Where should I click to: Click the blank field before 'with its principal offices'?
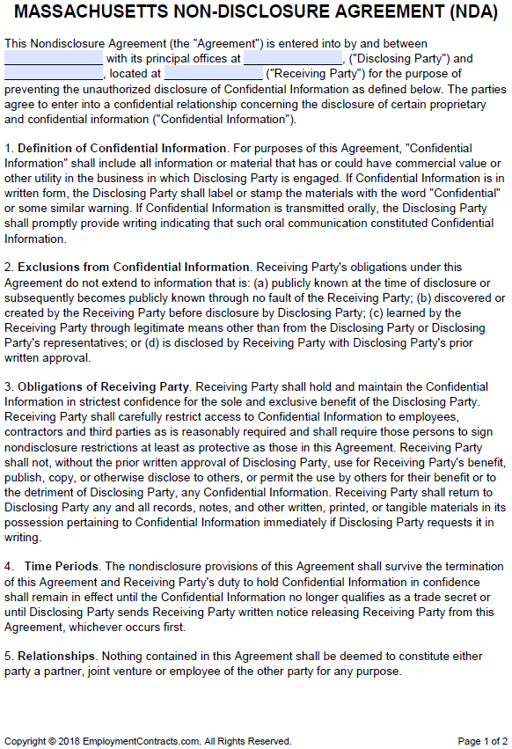coord(54,58)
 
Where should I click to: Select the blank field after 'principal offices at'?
coord(293,58)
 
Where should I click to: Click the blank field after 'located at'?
coord(213,74)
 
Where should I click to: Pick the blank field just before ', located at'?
coord(54,74)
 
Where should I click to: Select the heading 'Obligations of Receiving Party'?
coord(104,386)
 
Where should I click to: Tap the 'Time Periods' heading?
coord(62,566)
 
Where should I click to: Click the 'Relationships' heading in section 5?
coord(56,656)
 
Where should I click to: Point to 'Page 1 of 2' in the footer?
coord(482,740)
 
